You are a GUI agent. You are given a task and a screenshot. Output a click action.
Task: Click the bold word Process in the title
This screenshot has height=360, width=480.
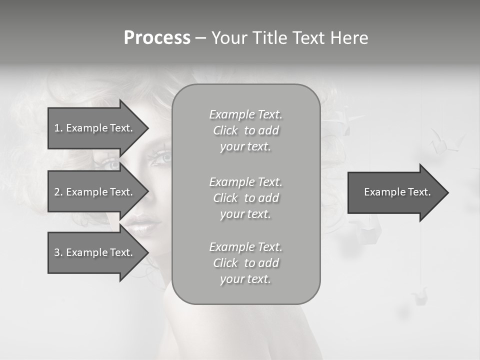click(x=157, y=38)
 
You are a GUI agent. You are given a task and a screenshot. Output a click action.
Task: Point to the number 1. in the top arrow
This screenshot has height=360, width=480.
click(x=58, y=128)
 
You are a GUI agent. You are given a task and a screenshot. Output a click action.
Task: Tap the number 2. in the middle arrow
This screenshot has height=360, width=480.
click(x=58, y=192)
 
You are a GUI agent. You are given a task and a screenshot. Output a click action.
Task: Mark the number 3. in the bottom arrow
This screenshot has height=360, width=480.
click(x=58, y=252)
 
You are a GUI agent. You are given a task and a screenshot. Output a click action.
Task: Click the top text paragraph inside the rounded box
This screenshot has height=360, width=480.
click(x=245, y=130)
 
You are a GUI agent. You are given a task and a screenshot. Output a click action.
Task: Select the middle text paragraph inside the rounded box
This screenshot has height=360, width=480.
click(x=245, y=198)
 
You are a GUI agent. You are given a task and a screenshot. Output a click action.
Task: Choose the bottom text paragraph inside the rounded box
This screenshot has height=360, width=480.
click(x=245, y=263)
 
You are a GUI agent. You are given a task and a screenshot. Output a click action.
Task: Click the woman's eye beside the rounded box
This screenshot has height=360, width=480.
click(x=161, y=157)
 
